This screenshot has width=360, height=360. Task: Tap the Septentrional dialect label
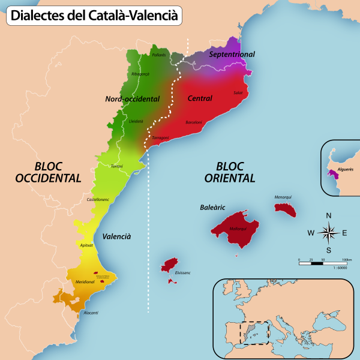click(232, 55)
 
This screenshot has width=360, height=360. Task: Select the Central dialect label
click(200, 98)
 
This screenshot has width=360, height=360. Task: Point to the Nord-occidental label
click(132, 99)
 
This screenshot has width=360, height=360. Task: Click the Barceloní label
click(194, 122)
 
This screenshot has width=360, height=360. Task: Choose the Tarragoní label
click(160, 138)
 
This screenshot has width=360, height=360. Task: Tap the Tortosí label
click(117, 166)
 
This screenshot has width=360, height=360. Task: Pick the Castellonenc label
click(98, 199)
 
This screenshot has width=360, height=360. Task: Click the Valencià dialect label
click(116, 236)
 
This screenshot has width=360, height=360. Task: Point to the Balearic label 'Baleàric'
click(212, 208)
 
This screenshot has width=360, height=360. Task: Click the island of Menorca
click(286, 209)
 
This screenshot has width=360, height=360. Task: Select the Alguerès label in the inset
click(346, 170)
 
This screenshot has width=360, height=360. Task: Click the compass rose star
click(328, 232)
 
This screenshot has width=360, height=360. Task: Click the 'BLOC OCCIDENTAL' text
click(48, 172)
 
